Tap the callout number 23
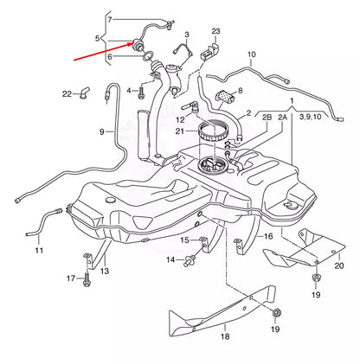point(215,31)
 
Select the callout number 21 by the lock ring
point(180,131)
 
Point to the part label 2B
point(243,115)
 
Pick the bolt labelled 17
point(87,278)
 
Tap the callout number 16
point(268,235)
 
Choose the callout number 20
point(338,266)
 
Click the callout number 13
point(105,271)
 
